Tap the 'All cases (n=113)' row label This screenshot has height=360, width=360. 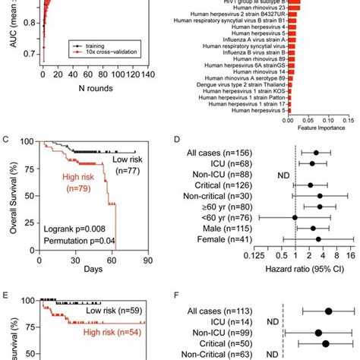(x=232, y=310)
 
